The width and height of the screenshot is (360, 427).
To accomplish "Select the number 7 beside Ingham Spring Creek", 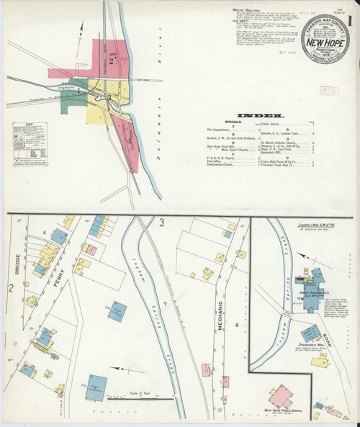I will (x=164, y=307).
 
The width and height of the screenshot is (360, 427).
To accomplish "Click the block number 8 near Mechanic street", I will (x=238, y=326).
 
